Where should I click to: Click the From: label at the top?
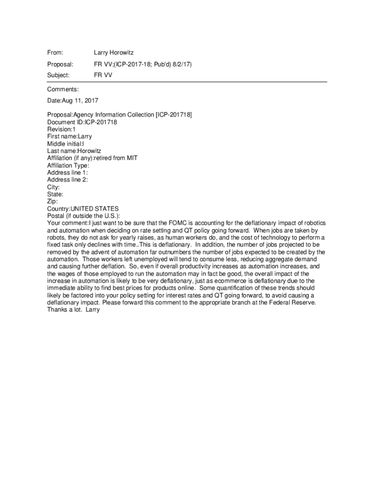55,52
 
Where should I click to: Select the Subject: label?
58,75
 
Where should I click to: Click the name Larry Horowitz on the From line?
114,52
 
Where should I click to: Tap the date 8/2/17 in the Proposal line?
181,64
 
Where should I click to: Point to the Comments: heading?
63,89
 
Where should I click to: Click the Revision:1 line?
61,130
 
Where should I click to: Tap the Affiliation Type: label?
68,166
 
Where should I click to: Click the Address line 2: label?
67,180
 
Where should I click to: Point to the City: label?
53,187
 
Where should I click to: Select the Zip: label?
52,201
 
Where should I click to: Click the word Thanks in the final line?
57,310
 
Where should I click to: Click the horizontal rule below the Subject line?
187,82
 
